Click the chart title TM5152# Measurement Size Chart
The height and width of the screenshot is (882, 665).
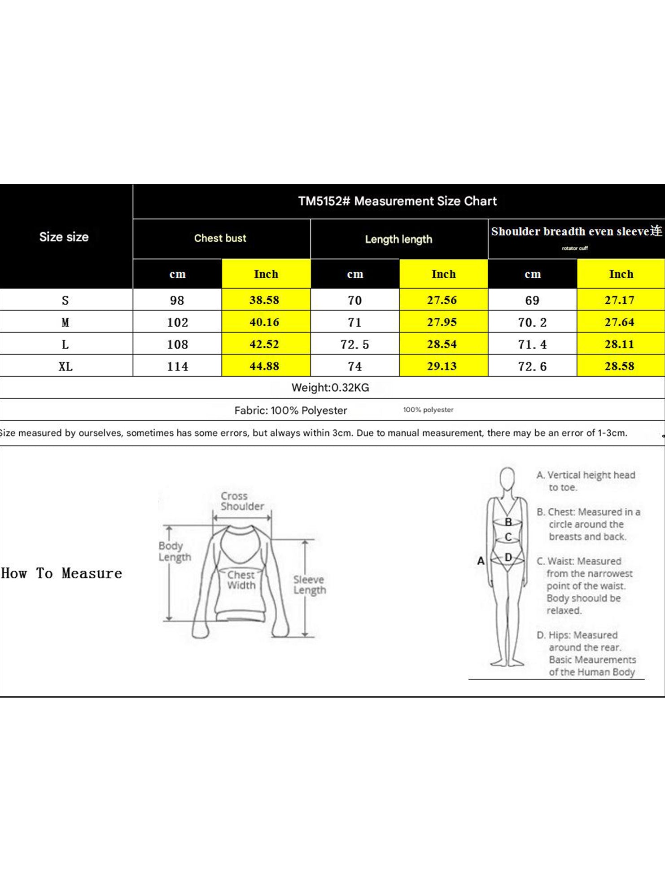(x=398, y=201)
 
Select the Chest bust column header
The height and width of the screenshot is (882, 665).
(x=220, y=238)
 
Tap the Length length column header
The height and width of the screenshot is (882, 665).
(x=398, y=239)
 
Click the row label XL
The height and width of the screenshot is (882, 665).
(x=66, y=366)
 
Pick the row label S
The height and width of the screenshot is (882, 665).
(x=66, y=300)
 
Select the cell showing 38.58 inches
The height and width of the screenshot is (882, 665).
(x=264, y=300)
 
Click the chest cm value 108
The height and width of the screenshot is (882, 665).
(x=177, y=344)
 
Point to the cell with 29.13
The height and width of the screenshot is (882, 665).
(x=442, y=366)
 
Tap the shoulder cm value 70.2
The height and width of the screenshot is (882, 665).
(x=532, y=322)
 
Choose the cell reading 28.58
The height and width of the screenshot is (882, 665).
(x=619, y=366)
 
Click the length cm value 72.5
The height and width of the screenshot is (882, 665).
(x=354, y=344)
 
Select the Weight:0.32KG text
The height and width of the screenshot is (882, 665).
(x=330, y=388)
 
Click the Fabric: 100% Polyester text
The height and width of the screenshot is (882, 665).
(x=291, y=410)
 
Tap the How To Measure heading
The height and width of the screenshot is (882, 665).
(x=61, y=573)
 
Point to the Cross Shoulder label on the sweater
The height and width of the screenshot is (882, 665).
(x=242, y=501)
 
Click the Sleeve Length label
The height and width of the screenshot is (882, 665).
(x=310, y=585)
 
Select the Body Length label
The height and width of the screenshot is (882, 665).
(x=175, y=551)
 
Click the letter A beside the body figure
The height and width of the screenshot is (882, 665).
(x=481, y=561)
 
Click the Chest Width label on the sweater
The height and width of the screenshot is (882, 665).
(x=241, y=580)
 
